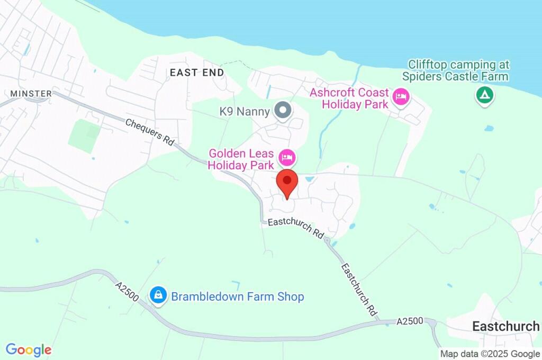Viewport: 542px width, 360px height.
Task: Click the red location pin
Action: (x=287, y=183)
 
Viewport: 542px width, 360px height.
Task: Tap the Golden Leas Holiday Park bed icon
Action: (x=287, y=157)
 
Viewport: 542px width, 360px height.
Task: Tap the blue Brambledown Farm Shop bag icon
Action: (x=158, y=296)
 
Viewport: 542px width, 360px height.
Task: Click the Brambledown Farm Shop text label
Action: (x=238, y=296)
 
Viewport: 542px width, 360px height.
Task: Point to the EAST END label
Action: (x=197, y=73)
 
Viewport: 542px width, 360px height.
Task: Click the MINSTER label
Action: (x=31, y=94)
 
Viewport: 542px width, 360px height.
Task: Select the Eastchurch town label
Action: (x=505, y=326)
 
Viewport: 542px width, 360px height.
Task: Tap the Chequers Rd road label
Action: (x=150, y=131)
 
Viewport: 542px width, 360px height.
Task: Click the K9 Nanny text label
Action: (x=245, y=112)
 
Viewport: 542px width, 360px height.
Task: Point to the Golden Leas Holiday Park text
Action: (x=241, y=159)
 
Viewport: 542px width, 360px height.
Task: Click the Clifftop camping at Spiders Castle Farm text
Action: (x=455, y=70)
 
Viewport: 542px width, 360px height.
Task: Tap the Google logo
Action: (x=29, y=350)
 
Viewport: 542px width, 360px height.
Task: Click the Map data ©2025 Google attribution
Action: (x=490, y=354)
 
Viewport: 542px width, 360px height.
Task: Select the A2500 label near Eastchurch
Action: (x=409, y=321)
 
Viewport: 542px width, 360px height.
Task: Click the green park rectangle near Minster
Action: (x=84, y=136)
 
